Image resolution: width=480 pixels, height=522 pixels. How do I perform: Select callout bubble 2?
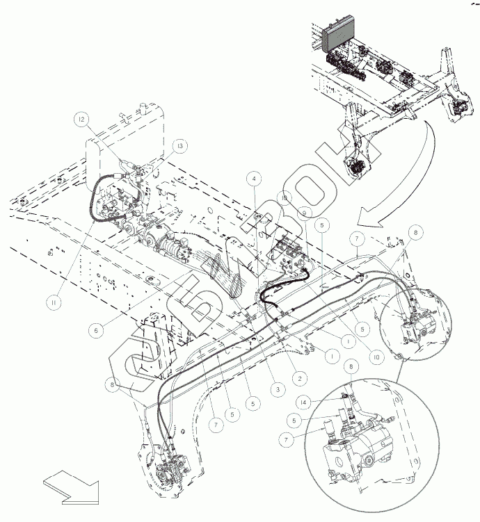pyautogui.click(x=298, y=379)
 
